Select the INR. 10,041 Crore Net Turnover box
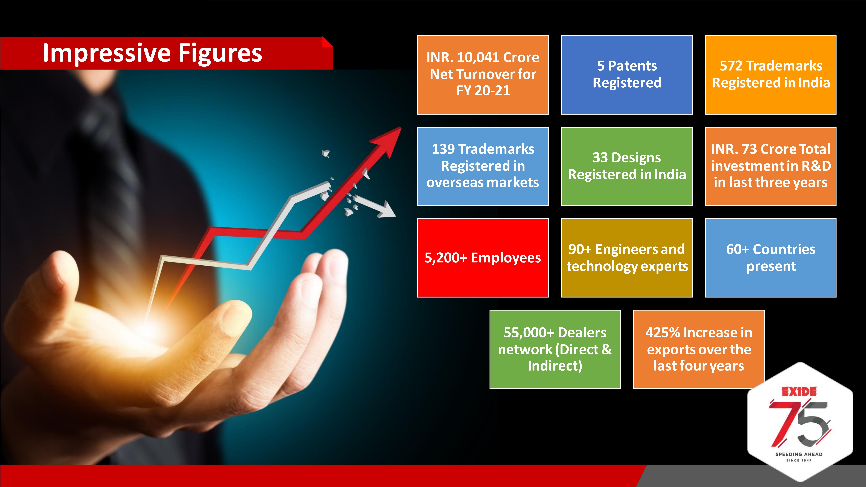pyautogui.click(x=483, y=75)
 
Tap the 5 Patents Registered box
pyautogui.click(x=627, y=75)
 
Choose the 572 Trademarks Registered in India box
pyautogui.click(x=771, y=75)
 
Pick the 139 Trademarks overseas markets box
pyautogui.click(x=483, y=166)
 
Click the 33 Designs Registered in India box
pyautogui.click(x=627, y=166)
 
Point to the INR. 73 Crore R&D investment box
pyautogui.click(x=771, y=166)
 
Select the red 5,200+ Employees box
pyautogui.click(x=483, y=257)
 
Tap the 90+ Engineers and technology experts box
pyautogui.click(x=627, y=257)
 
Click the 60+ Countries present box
pyautogui.click(x=771, y=257)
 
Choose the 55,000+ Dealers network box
pyautogui.click(x=555, y=349)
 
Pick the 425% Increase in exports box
pyautogui.click(x=699, y=349)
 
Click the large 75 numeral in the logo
pyautogui.click(x=799, y=423)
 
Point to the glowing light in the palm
pyautogui.click(x=148, y=328)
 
